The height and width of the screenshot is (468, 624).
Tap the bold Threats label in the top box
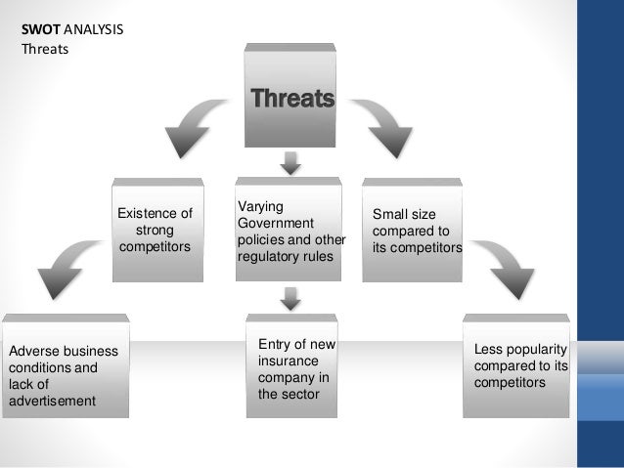tap(291, 98)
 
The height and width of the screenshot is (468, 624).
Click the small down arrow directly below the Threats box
tap(290, 160)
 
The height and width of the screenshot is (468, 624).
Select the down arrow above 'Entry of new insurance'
tap(290, 297)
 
